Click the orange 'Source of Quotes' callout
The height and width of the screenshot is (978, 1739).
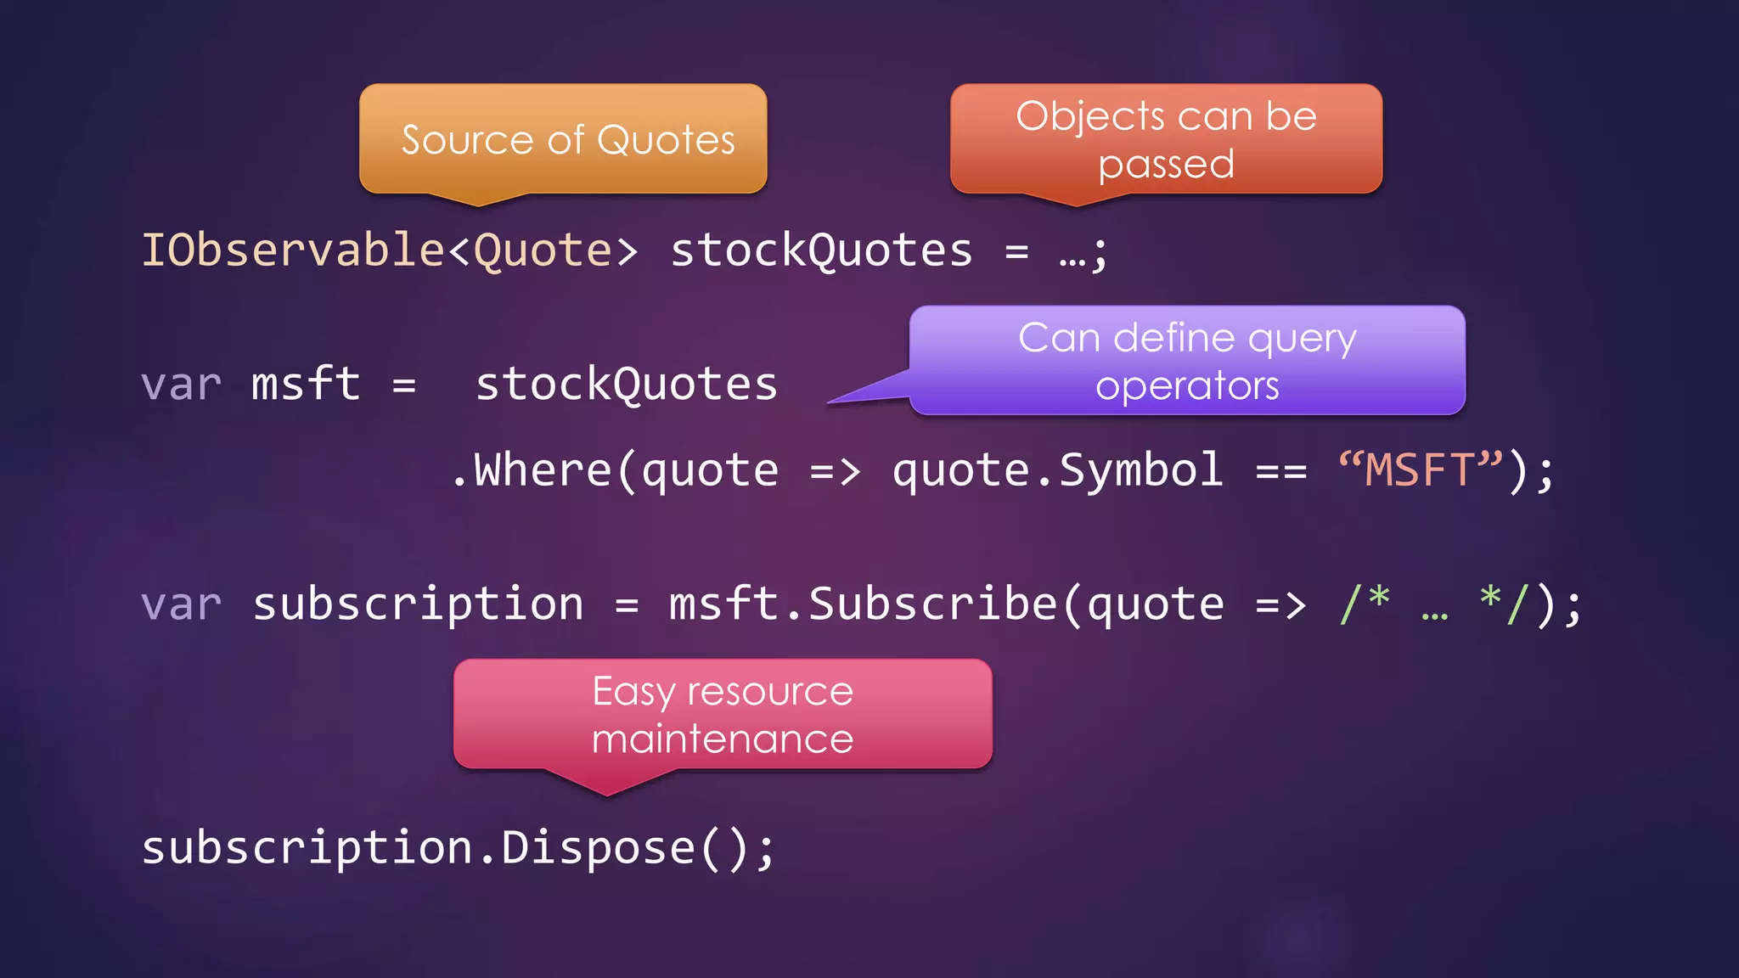click(x=563, y=139)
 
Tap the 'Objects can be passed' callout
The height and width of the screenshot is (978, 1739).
click(x=1166, y=139)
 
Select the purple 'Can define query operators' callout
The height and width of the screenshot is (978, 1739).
click(x=1187, y=361)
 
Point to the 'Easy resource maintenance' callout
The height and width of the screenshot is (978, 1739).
click(x=723, y=714)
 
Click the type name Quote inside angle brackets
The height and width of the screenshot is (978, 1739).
click(x=543, y=250)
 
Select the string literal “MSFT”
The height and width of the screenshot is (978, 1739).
click(x=1421, y=469)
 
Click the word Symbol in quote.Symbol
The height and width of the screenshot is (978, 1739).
click(x=1141, y=469)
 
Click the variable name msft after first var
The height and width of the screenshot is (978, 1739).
click(x=306, y=384)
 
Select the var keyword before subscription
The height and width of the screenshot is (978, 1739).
click(x=182, y=604)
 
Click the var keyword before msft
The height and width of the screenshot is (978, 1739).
click(x=182, y=385)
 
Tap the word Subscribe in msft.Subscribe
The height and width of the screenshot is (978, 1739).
click(x=932, y=604)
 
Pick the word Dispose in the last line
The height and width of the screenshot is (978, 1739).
click(x=598, y=847)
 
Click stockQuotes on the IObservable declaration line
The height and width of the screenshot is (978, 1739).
click(x=821, y=250)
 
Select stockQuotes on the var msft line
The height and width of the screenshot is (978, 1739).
click(x=627, y=384)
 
